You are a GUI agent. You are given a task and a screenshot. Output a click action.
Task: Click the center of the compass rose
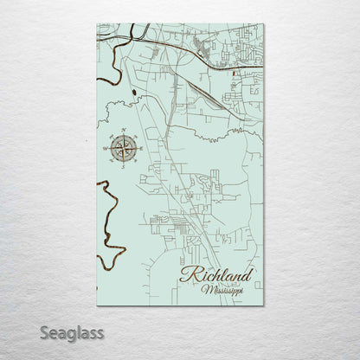pyautogui.click(x=123, y=148)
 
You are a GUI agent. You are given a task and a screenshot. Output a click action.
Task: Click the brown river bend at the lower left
pyautogui.click(x=109, y=225)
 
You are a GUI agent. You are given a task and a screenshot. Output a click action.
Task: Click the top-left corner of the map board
pyautogui.click(x=97, y=24)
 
